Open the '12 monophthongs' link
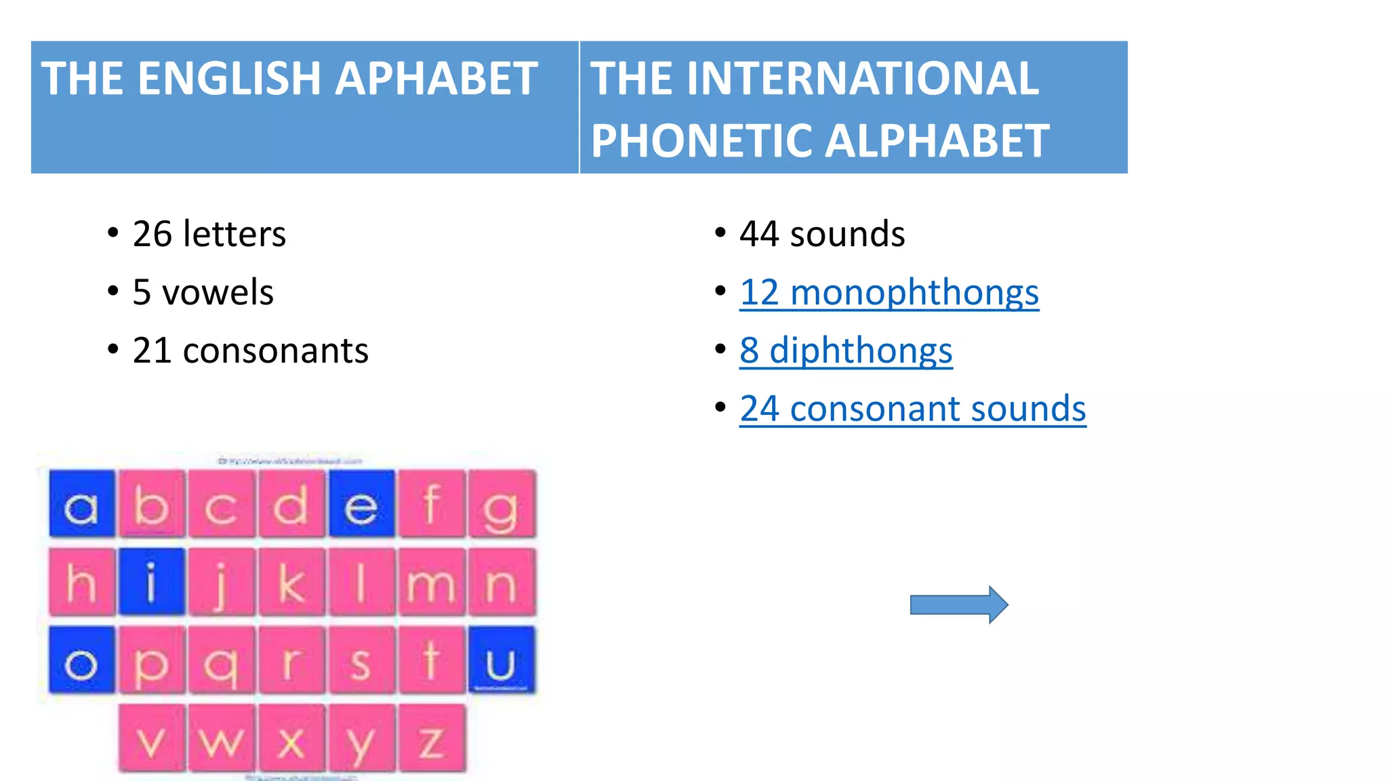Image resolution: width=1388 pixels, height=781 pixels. point(889,293)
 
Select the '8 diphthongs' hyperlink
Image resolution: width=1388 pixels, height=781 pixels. point(846,351)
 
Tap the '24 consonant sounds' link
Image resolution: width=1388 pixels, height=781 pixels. point(912,409)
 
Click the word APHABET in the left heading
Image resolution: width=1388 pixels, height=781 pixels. point(436,79)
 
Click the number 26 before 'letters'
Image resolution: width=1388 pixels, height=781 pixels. point(152,234)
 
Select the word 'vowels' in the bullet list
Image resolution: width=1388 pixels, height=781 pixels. point(218,293)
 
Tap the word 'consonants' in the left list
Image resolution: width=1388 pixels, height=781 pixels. point(275,351)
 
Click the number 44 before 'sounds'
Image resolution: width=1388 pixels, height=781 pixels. point(758,234)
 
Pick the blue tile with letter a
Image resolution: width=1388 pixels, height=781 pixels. point(82,504)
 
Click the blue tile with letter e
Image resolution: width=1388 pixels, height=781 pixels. point(361,504)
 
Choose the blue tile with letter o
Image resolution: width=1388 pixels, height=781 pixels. point(82,660)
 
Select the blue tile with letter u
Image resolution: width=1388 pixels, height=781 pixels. point(501,660)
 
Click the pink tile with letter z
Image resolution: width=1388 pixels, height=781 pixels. point(432,738)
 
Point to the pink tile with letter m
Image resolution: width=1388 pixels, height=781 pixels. point(431,582)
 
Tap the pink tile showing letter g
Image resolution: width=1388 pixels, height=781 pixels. point(501,504)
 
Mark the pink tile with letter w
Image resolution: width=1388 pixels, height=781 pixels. point(222,738)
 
